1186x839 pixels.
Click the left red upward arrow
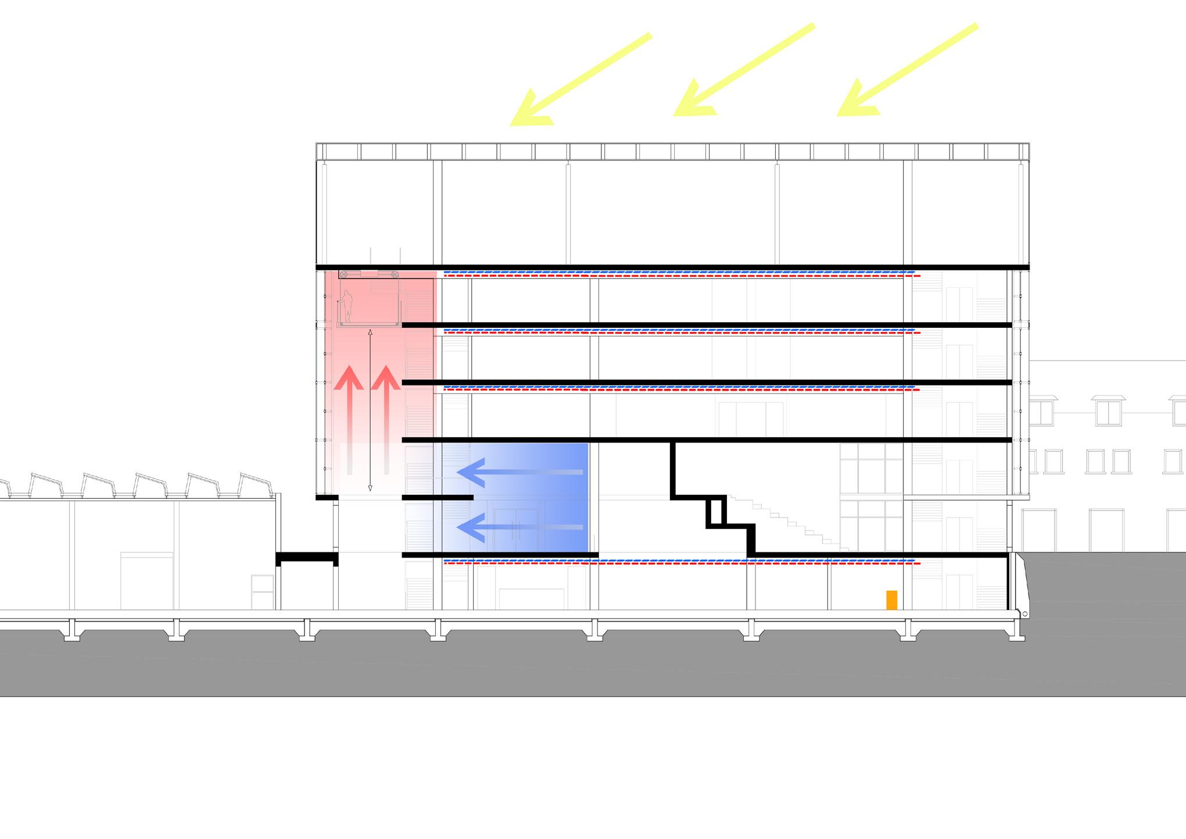pyautogui.click(x=349, y=419)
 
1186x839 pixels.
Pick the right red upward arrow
pyautogui.click(x=386, y=419)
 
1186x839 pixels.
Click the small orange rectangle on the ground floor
pyautogui.click(x=891, y=600)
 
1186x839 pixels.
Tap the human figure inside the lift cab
pyautogui.click(x=347, y=306)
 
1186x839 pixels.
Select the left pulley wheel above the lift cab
pyautogui.click(x=344, y=274)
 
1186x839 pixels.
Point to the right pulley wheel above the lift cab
pyautogui.click(x=394, y=274)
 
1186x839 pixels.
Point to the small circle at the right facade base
pyautogui.click(x=1024, y=614)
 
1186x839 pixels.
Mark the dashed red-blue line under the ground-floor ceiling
pyautogui.click(x=680, y=562)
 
